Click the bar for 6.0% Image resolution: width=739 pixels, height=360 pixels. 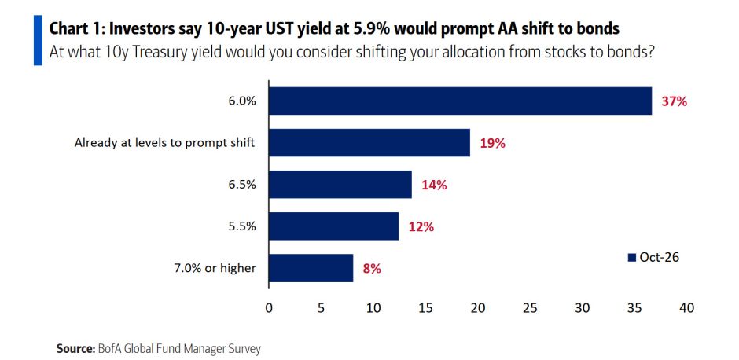460,101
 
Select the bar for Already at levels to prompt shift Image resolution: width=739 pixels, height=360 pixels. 369,143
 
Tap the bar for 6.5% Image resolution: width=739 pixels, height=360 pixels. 340,185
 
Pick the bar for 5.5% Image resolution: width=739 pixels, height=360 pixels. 333,226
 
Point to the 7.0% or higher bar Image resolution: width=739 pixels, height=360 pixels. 311,268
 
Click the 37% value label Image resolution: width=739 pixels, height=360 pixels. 675,101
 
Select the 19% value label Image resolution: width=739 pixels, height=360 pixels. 493,143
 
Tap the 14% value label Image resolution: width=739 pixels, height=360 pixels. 434,186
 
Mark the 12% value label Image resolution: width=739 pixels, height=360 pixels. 421,227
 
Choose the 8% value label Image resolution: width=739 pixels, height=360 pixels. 372,269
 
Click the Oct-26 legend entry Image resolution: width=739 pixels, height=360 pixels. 653,257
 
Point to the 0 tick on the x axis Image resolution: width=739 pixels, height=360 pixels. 269,308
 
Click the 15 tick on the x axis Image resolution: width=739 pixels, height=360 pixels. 425,308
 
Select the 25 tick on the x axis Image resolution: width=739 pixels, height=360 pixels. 530,308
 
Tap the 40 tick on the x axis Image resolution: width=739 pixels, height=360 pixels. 687,308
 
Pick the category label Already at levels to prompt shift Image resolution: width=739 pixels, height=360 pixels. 164,143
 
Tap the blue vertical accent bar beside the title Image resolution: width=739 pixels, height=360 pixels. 38,40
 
